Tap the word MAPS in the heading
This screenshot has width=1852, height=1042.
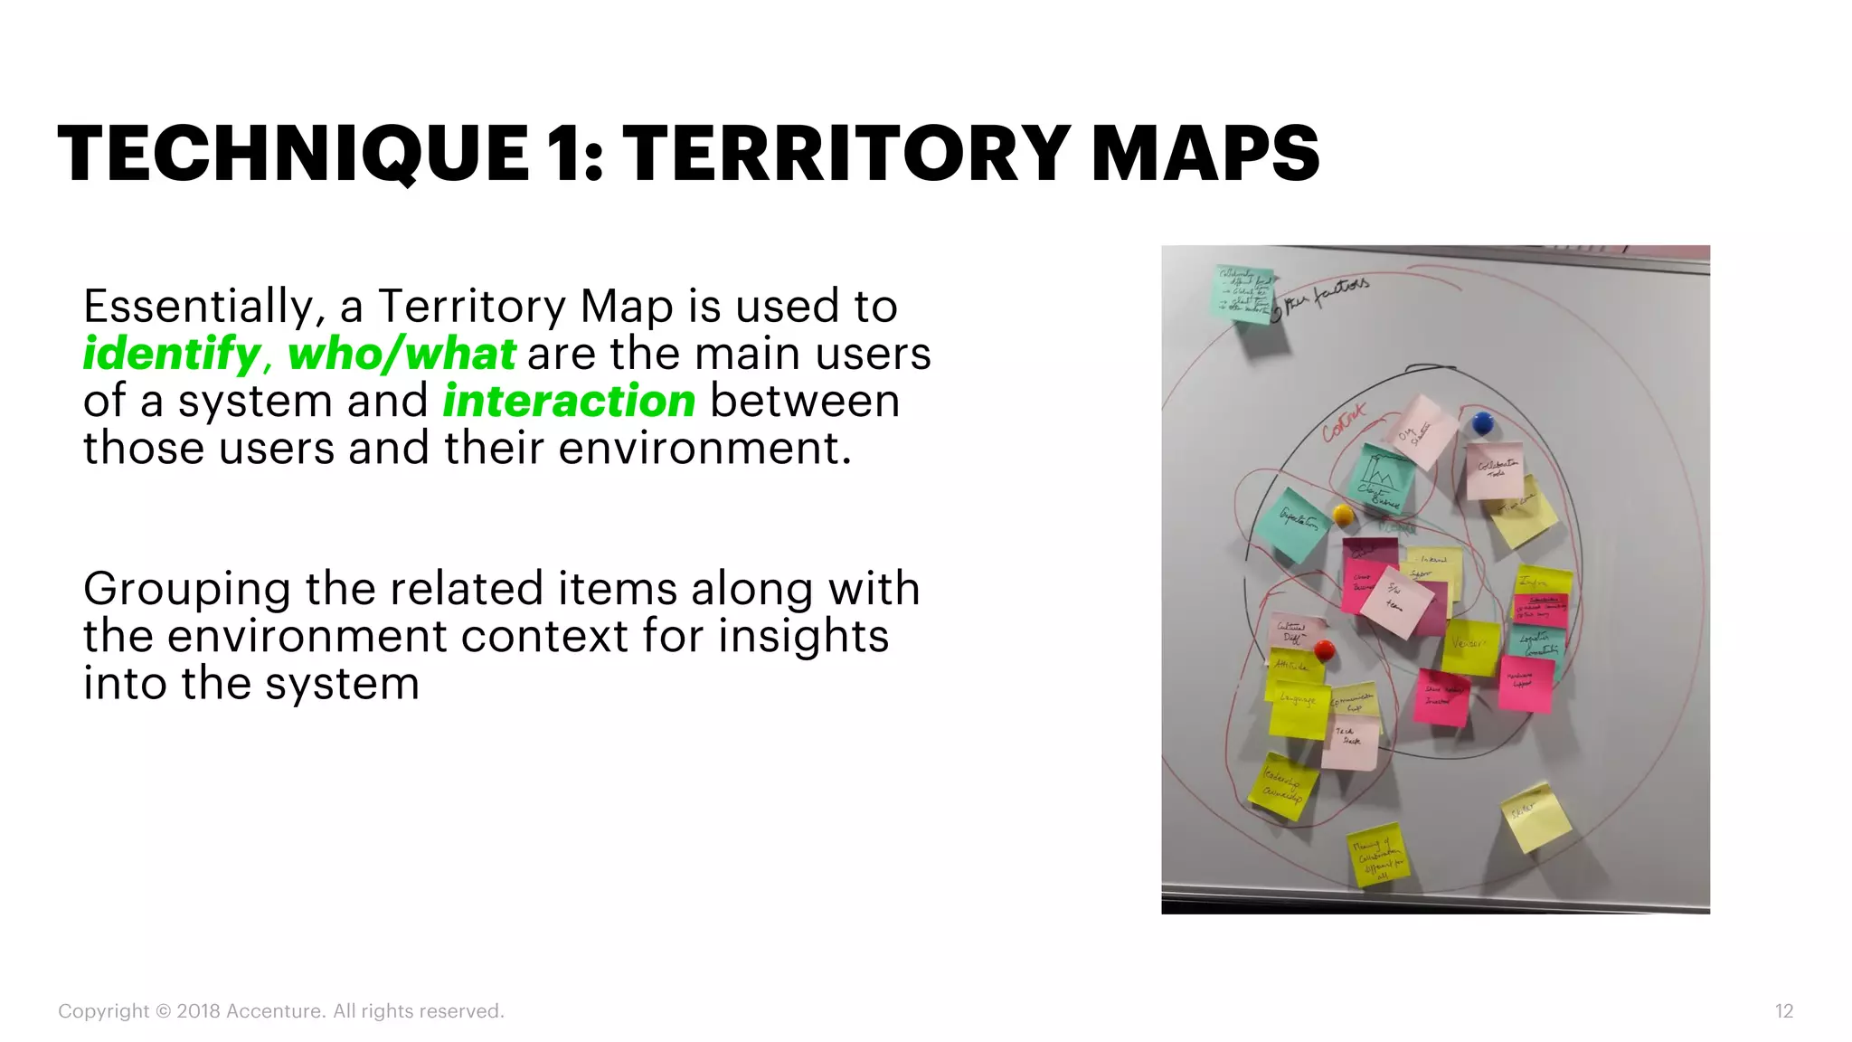(x=1205, y=154)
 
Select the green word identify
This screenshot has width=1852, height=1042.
(x=172, y=354)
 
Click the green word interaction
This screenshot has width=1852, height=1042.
(x=569, y=401)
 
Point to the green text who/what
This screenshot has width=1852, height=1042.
(x=402, y=354)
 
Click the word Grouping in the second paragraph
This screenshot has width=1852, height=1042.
(x=186, y=590)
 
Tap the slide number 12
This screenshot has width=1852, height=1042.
(x=1783, y=1011)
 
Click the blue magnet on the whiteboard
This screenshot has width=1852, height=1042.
(x=1481, y=422)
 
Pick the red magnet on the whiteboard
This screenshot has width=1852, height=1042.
(x=1324, y=649)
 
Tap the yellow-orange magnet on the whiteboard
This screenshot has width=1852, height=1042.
(x=1343, y=516)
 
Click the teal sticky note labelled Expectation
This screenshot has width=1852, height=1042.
(x=1291, y=525)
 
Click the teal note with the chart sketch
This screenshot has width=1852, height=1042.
(x=1382, y=478)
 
